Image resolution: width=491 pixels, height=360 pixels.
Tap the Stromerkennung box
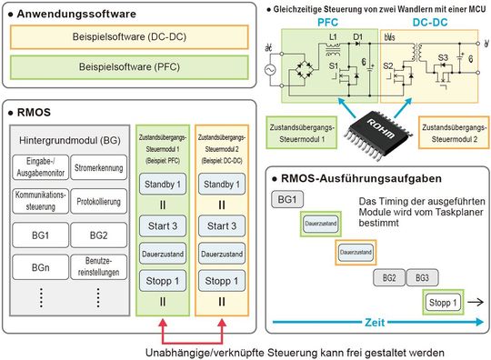[99, 167]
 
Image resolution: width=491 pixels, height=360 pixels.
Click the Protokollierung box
[99, 202]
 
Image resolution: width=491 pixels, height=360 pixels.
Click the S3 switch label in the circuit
[445, 59]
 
